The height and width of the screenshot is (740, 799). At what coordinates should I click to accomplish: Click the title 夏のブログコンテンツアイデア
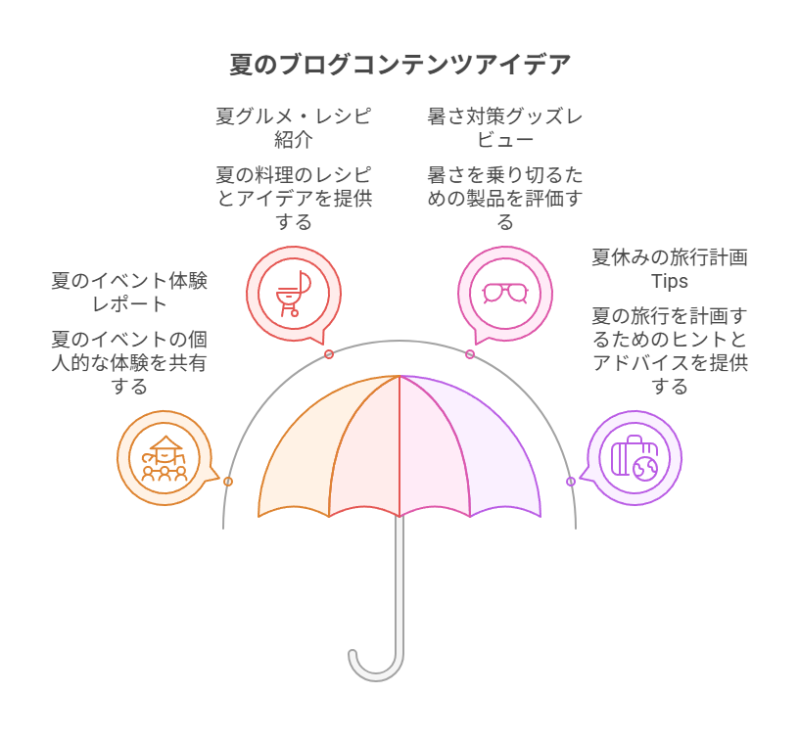pyautogui.click(x=399, y=66)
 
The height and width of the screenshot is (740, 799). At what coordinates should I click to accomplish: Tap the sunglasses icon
pyautogui.click(x=504, y=293)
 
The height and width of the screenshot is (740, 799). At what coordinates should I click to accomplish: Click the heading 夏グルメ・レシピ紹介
pyautogui.click(x=293, y=127)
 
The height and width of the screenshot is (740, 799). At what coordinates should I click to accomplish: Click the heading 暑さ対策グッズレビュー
pyautogui.click(x=504, y=127)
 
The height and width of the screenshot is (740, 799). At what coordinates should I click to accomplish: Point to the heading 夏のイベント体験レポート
pyautogui.click(x=129, y=292)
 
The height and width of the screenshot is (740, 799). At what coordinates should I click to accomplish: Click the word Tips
pyautogui.click(x=670, y=281)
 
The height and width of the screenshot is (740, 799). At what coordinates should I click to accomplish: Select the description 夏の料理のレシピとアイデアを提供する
pyautogui.click(x=293, y=198)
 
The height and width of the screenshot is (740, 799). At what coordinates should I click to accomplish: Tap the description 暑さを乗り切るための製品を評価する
pyautogui.click(x=504, y=198)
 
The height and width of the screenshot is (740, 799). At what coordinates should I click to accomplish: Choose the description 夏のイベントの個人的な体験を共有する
pyautogui.click(x=129, y=362)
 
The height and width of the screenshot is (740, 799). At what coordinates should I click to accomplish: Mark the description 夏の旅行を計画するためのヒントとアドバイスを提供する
pyautogui.click(x=670, y=350)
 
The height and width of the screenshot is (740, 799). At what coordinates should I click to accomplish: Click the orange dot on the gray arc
pyautogui.click(x=228, y=482)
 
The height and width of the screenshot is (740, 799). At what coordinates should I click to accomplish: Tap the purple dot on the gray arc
pyautogui.click(x=571, y=482)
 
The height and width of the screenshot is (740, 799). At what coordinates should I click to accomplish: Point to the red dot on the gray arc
pyautogui.click(x=329, y=354)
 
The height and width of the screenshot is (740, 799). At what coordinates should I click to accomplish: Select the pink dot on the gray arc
pyautogui.click(x=470, y=354)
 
